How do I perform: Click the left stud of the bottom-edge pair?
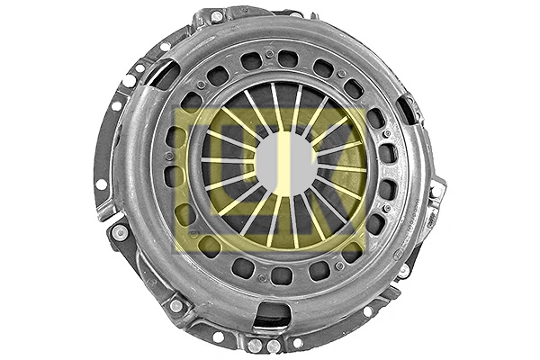coord(255,346)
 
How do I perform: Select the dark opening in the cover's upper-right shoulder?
coord(410,110)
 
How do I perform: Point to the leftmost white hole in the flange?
coord(101,185)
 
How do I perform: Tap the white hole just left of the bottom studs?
coord(219,337)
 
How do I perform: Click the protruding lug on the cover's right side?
coord(436,192)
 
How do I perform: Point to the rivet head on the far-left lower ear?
coord(120,232)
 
